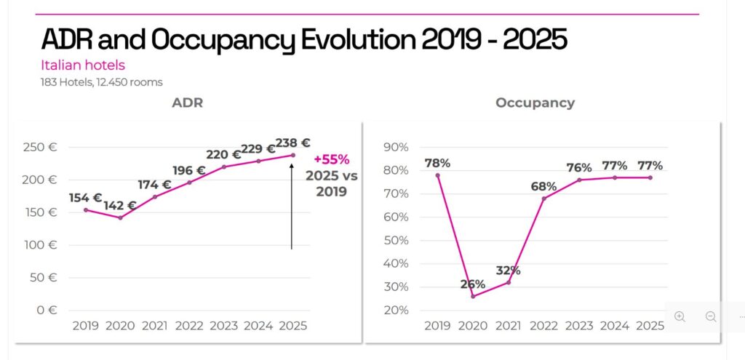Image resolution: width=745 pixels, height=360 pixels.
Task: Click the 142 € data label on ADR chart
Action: click(x=120, y=206)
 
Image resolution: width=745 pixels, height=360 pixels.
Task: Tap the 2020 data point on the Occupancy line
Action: click(x=473, y=296)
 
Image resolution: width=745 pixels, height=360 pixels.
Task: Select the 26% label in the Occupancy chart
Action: click(x=473, y=284)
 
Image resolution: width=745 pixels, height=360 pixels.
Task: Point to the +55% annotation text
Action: click(x=332, y=160)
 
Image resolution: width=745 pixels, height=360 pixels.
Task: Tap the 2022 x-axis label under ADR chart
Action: click(x=190, y=326)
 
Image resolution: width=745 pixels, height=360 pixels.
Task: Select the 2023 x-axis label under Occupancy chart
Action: click(x=579, y=326)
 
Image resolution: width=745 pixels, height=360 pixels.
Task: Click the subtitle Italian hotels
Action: click(x=83, y=65)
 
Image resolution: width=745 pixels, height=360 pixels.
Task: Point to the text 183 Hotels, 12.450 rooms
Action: click(x=101, y=82)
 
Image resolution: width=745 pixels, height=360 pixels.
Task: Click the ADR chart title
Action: click(x=187, y=103)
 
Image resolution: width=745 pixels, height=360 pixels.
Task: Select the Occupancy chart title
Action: click(x=535, y=103)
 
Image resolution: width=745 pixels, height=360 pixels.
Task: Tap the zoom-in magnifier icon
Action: click(x=680, y=316)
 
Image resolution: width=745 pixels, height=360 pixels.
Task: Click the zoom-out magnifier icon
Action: click(x=711, y=316)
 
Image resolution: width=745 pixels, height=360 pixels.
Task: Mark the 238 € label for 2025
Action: click(x=293, y=143)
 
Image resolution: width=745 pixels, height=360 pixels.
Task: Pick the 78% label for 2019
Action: click(x=437, y=163)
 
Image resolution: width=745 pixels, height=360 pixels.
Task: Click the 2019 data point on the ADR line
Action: click(x=86, y=209)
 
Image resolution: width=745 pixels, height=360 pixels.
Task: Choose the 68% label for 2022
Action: click(x=544, y=185)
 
